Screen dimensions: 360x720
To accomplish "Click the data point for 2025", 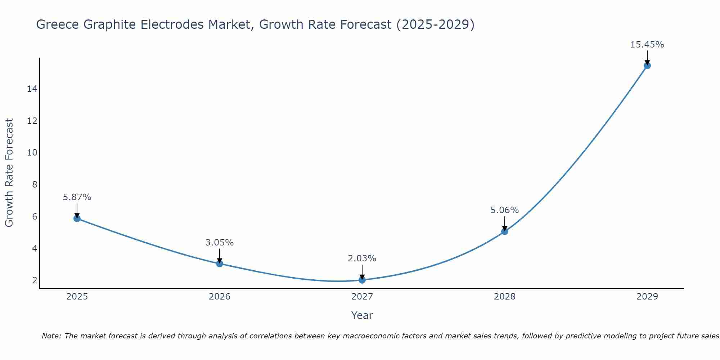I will [77, 218].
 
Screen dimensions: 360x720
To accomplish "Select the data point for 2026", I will [220, 264].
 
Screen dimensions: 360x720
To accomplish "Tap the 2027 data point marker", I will [362, 280].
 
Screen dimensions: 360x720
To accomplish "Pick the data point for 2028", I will [505, 231].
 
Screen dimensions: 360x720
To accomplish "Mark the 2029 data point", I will [647, 66].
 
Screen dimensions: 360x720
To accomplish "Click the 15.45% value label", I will [647, 45].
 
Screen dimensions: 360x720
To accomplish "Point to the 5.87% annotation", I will [77, 197].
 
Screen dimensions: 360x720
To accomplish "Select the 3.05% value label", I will [220, 243].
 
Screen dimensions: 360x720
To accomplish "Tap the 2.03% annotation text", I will [362, 258].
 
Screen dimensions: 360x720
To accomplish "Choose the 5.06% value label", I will [505, 210].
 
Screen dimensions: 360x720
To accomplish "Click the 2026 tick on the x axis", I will [220, 297].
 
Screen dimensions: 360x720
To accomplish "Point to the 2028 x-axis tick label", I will [505, 297].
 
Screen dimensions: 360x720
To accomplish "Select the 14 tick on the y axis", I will [32, 89].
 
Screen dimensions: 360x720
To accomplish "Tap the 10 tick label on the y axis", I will [32, 153].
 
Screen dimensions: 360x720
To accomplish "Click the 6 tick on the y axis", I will [35, 217].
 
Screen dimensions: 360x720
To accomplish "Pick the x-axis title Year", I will [362, 315].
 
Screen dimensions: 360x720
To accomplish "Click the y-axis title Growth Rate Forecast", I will [9, 173].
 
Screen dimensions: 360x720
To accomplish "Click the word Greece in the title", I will [58, 24].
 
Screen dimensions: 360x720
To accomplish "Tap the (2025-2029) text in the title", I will [435, 24].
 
